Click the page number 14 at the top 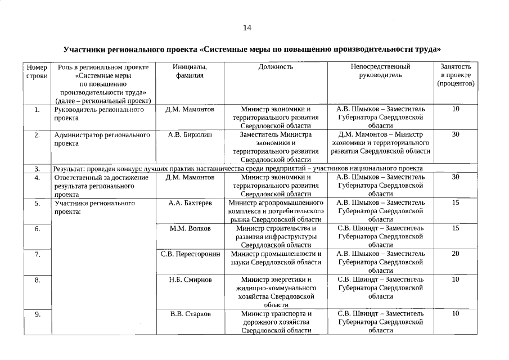247,28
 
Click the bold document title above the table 252,49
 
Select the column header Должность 276,66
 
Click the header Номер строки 37,71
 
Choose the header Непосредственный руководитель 380,71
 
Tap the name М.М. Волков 190,228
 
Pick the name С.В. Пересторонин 190,254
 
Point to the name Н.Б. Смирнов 190,280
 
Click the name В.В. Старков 190,313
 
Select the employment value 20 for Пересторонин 456,254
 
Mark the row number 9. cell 37,314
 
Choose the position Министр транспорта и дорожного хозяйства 276,322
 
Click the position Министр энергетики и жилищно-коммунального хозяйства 276,292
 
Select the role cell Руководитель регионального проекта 98,114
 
